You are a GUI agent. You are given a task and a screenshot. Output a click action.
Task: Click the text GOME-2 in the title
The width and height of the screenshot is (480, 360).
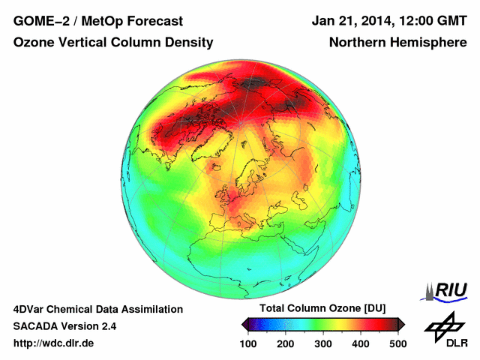[x=38, y=21]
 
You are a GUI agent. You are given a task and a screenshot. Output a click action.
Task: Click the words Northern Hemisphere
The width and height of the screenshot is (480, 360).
[x=397, y=43]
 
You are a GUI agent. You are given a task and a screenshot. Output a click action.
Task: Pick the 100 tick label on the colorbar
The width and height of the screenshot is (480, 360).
[x=248, y=343]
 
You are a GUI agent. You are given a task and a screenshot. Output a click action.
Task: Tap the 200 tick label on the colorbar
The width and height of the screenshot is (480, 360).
[x=286, y=343]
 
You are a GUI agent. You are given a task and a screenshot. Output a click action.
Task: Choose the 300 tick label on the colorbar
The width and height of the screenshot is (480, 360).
[x=323, y=343]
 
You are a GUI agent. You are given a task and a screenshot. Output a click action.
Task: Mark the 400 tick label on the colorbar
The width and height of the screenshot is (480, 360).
[x=361, y=343]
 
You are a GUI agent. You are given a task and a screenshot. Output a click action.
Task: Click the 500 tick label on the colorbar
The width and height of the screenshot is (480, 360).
[x=397, y=343]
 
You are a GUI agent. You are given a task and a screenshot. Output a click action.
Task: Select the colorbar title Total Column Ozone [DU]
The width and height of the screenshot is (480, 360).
[x=322, y=309]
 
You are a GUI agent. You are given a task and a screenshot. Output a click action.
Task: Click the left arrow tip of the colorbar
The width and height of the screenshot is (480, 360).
[x=244, y=324]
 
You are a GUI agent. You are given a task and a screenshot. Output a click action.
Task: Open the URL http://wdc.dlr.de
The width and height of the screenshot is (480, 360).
[x=54, y=343]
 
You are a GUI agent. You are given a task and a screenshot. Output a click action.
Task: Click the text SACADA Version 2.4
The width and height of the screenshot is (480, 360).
[x=64, y=326]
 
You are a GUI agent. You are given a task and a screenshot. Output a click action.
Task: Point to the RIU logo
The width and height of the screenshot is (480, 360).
[x=443, y=290]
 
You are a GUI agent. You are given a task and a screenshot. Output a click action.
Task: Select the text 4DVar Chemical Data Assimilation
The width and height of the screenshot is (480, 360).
[x=97, y=309]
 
